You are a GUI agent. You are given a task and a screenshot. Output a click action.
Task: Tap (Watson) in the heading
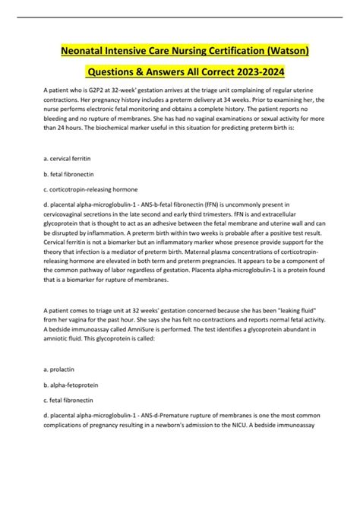tap(292, 51)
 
